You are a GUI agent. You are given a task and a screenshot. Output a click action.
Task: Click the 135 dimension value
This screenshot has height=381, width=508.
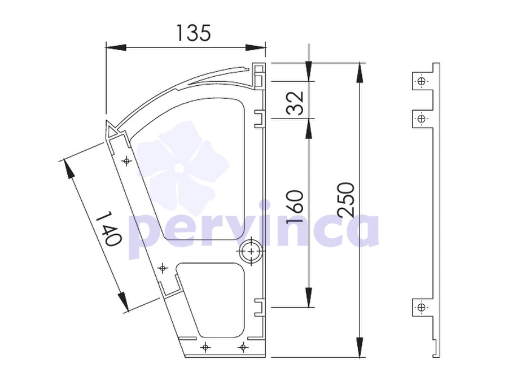[194, 33]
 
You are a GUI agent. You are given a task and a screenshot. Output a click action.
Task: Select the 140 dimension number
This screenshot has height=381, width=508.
[109, 228]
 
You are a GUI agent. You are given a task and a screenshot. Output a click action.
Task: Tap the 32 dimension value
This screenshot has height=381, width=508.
[295, 102]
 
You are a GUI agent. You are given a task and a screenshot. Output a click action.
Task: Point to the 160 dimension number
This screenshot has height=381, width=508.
[295, 207]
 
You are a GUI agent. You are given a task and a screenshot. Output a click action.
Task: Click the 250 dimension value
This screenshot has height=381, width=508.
[346, 200]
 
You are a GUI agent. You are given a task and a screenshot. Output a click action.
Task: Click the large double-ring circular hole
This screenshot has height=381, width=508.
[251, 251]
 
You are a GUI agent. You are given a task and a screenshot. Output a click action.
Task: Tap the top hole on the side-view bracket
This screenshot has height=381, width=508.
[422, 81]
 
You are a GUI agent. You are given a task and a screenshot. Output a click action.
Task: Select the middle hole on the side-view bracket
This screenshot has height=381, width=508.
[422, 119]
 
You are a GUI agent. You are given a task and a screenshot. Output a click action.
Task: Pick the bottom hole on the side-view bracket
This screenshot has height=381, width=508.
[422, 308]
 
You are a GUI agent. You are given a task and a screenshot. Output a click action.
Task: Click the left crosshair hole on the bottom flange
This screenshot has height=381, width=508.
[205, 348]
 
